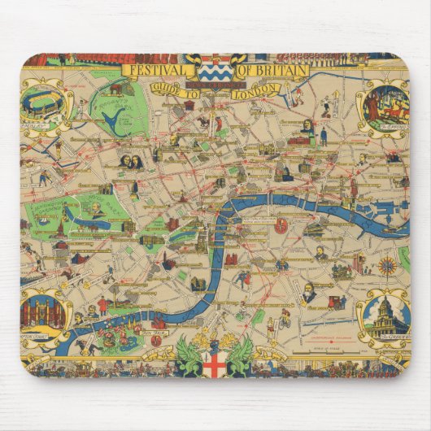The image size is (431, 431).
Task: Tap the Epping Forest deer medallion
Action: click(x=385, y=104)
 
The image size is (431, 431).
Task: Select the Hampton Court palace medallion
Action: click(x=43, y=313)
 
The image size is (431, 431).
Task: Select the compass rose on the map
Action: click(x=386, y=263)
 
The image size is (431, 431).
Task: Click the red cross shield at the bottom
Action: click(x=214, y=364)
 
